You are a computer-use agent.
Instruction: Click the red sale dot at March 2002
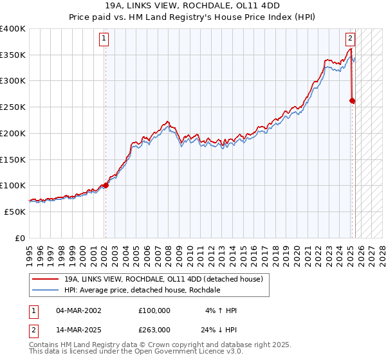click(106, 186)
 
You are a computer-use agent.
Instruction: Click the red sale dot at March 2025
click(352, 100)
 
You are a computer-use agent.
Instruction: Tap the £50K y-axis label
click(15, 212)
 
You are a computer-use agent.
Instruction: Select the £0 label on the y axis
click(20, 238)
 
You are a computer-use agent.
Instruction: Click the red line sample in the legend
click(46, 280)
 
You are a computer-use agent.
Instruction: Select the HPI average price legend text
click(142, 291)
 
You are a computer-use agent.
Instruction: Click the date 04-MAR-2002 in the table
click(78, 310)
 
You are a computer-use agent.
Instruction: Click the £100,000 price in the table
click(154, 310)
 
